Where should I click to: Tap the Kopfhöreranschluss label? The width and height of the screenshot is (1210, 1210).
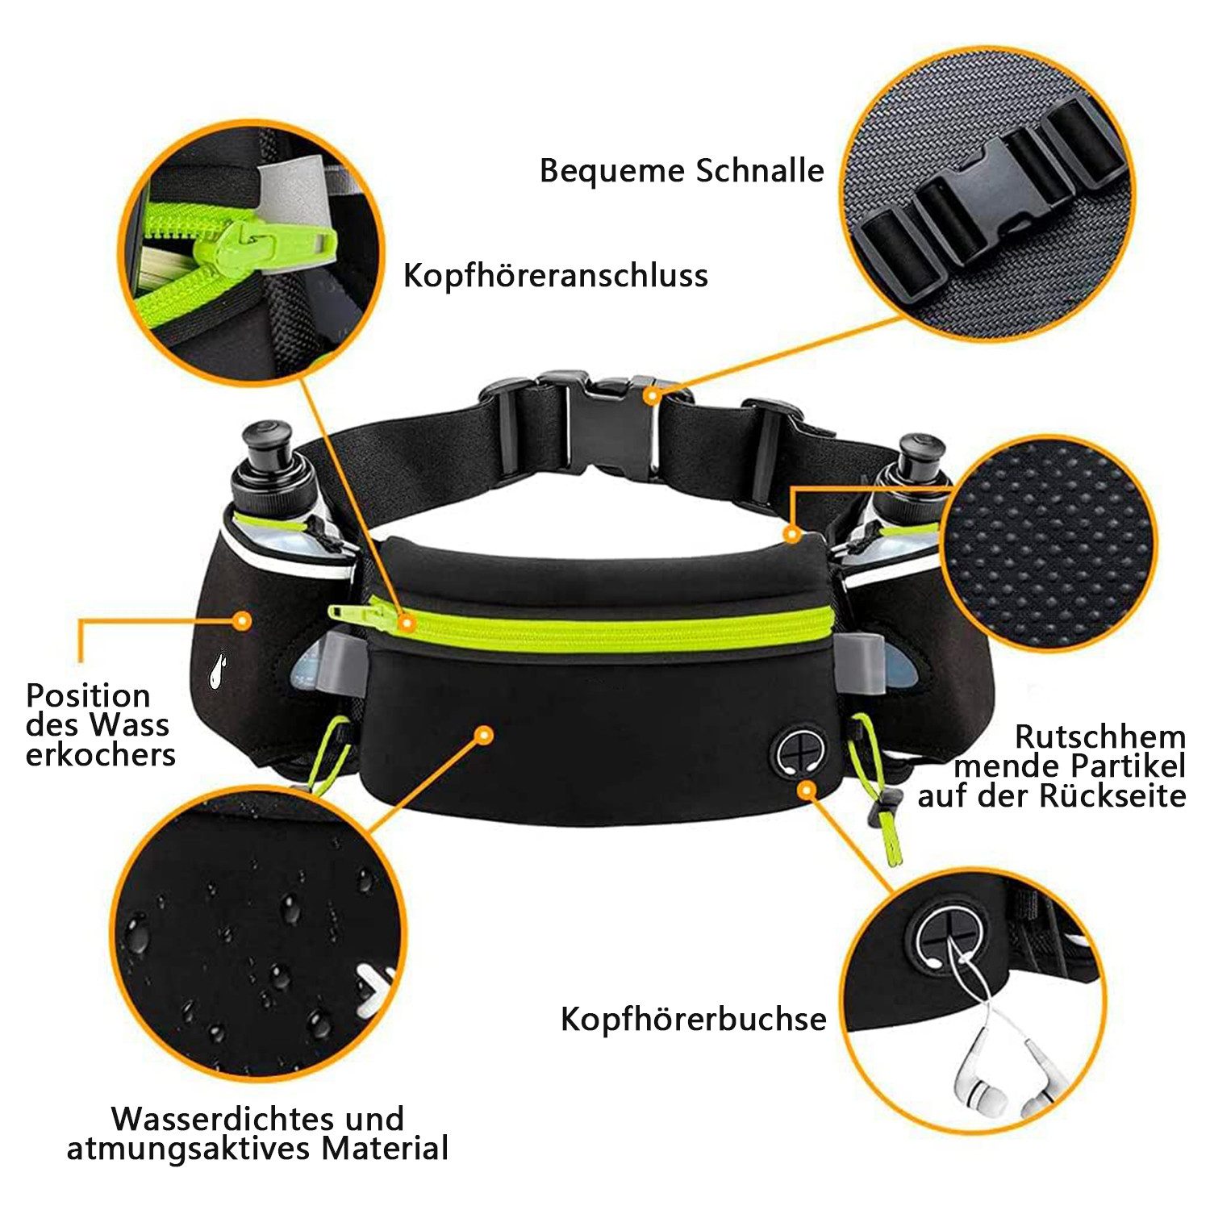(556, 276)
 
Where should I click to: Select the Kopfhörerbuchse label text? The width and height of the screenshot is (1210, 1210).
(694, 1019)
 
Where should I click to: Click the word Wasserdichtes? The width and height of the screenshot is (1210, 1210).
(219, 1119)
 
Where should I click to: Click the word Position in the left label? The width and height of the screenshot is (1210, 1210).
(88, 695)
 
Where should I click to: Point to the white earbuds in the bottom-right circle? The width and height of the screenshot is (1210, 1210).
(1000, 1073)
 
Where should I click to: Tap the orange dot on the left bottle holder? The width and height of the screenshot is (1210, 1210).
(240, 620)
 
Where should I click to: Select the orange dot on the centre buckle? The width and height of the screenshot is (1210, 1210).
(651, 395)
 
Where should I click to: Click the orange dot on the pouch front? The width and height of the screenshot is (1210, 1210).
(483, 734)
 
